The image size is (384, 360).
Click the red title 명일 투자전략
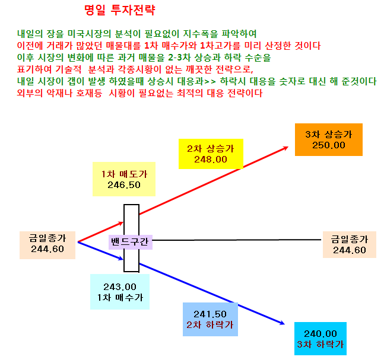pyautogui.click(x=119, y=10)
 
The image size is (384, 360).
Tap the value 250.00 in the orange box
pyautogui.click(x=329, y=145)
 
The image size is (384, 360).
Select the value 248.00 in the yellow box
pyautogui.click(x=211, y=160)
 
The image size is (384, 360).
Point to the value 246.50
pyautogui.click(x=124, y=185)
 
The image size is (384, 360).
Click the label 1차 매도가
pyautogui.click(x=124, y=174)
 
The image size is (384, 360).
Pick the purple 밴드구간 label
pyautogui.click(x=131, y=242)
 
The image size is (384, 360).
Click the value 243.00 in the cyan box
pyautogui.click(x=120, y=286)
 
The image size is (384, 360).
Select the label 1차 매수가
pyautogui.click(x=120, y=297)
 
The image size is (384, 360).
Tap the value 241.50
pyautogui.click(x=210, y=314)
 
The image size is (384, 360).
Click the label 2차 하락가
pyautogui.click(x=210, y=325)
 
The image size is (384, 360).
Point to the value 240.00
pyautogui.click(x=320, y=333)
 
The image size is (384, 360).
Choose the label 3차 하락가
pyautogui.click(x=320, y=345)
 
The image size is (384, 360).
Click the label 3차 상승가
pyautogui.click(x=329, y=135)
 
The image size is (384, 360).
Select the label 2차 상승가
pyautogui.click(x=211, y=148)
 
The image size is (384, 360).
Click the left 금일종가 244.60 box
pyautogui.click(x=47, y=245)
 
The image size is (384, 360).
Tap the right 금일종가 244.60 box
pyautogui.click(x=350, y=244)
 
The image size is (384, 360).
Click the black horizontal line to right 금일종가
pyautogui.click(x=237, y=240)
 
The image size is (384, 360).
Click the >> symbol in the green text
pyautogui.click(x=210, y=81)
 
